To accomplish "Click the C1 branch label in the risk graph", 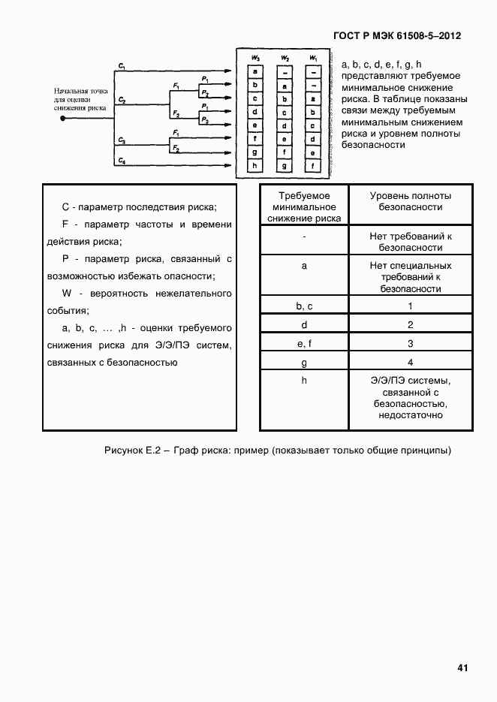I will tap(121, 67).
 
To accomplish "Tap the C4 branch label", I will tap(121, 161).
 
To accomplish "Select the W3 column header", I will tap(255, 58).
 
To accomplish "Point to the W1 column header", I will tap(312, 58).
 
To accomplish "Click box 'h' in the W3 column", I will tap(255, 166).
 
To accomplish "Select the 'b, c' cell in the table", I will tap(303, 306).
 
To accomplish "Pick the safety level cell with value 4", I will tap(411, 363).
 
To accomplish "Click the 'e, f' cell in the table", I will tap(303, 344).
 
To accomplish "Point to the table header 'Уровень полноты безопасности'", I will tap(411, 201).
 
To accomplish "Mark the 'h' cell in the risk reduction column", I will tap(303, 381).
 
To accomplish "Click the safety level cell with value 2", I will tap(411, 325).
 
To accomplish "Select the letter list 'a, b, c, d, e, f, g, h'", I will tap(381, 65).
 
